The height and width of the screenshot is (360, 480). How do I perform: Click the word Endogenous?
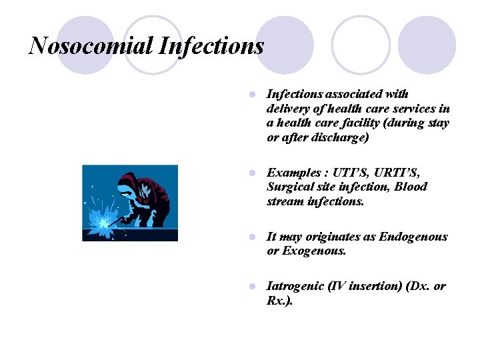[x=413, y=237]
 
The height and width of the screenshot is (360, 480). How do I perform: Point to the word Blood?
[x=411, y=187]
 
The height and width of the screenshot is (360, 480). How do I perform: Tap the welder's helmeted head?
[x=129, y=182]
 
